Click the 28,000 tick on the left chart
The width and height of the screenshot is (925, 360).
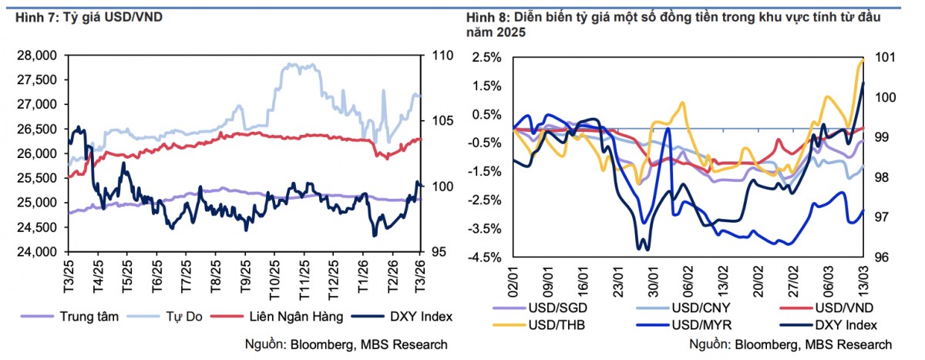click(x=38, y=56)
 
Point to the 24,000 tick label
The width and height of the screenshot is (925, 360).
click(x=38, y=252)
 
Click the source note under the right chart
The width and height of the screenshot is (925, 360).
click(x=790, y=344)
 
